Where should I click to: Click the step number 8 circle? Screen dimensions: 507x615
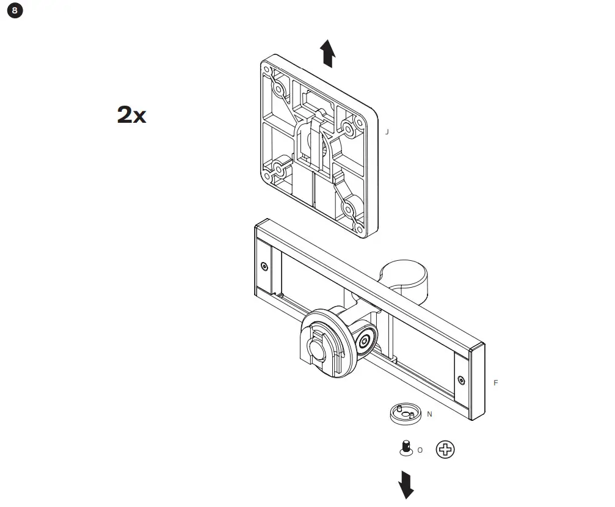pyautogui.click(x=15, y=10)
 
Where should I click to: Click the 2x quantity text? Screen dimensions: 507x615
pyautogui.click(x=131, y=115)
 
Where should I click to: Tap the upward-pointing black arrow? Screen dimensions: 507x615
pyautogui.click(x=329, y=53)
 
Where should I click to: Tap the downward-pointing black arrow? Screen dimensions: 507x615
pyautogui.click(x=406, y=484)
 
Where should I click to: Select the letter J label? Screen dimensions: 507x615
pyautogui.click(x=386, y=131)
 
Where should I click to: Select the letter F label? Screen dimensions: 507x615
pyautogui.click(x=495, y=383)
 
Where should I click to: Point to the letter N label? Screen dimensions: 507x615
pyautogui.click(x=429, y=414)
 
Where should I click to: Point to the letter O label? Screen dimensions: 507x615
pyautogui.click(x=420, y=450)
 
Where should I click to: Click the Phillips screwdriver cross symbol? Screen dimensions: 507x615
pyautogui.click(x=445, y=450)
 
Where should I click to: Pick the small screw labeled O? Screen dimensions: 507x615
pyautogui.click(x=404, y=448)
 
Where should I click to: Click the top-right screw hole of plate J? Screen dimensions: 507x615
pyautogui.click(x=349, y=128)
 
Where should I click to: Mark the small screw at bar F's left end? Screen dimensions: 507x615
pyautogui.click(x=264, y=266)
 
